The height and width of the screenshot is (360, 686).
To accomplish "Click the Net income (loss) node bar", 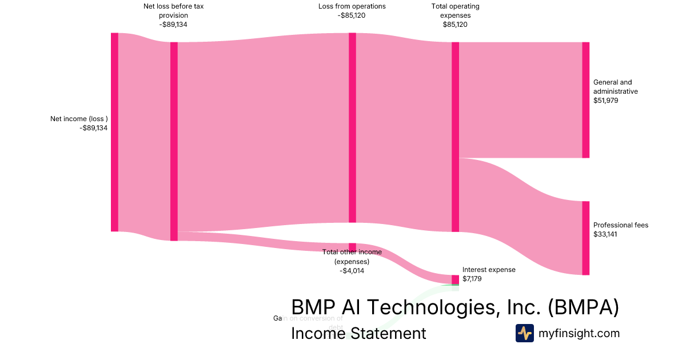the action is [x=114, y=132].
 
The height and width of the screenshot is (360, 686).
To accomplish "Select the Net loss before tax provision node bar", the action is [x=174, y=141].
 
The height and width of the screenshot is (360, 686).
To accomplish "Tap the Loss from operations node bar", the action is [x=352, y=127].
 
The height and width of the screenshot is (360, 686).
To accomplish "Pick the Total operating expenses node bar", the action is [x=455, y=137].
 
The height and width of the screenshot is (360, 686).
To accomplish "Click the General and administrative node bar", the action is [x=585, y=100].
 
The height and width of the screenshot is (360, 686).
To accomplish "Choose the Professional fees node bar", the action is [x=585, y=238].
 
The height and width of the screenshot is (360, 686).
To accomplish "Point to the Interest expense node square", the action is [x=455, y=279].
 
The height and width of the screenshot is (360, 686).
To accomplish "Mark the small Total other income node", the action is [x=352, y=247].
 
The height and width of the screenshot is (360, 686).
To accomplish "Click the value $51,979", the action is [x=607, y=101].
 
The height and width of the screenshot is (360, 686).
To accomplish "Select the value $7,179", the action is [x=473, y=279].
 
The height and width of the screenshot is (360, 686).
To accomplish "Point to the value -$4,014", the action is [x=352, y=271].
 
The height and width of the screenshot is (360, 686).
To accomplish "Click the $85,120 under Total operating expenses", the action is [x=455, y=25].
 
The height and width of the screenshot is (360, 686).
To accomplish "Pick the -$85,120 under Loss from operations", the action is [x=352, y=15].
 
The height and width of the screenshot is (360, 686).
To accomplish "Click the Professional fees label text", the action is [x=621, y=225].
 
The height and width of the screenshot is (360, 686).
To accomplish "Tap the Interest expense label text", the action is [x=489, y=270].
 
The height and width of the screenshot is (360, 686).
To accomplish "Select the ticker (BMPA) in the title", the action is [x=583, y=307].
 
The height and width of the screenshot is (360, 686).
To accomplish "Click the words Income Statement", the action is [x=358, y=333].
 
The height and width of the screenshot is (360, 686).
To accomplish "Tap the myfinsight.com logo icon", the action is [x=524, y=333].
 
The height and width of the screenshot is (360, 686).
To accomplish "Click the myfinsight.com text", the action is [x=579, y=333].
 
